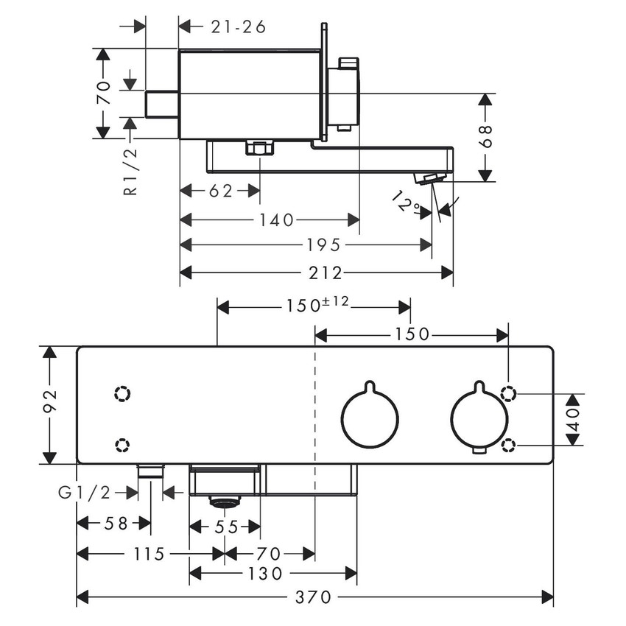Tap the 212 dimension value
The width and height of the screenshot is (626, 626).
pos(326,273)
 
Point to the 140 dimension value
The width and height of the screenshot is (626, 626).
pos(276,219)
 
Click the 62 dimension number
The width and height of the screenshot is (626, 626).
pos(219,191)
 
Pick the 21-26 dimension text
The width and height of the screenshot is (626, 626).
pos(238,27)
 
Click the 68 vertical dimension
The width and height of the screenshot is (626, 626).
pos(485,137)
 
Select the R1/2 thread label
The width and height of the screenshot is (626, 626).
pos(130,170)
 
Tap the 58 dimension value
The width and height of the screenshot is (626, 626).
pos(116,524)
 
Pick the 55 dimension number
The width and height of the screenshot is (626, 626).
pos(225,527)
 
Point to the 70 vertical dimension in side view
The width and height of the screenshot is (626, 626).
pos(104,94)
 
